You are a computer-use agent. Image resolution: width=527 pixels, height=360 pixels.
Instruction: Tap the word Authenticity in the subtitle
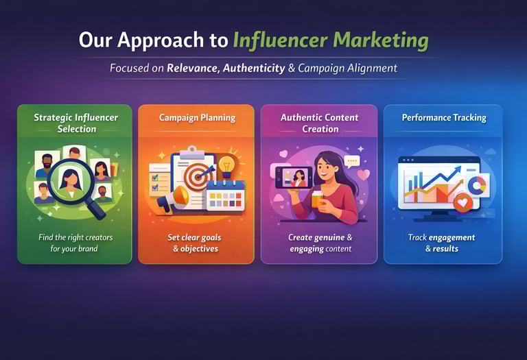(x=254, y=68)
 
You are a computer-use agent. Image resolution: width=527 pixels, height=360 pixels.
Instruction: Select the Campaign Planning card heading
(x=198, y=118)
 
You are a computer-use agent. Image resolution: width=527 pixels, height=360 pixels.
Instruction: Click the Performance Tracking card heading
(x=444, y=117)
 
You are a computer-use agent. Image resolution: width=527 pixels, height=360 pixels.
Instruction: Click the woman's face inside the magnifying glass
(x=70, y=178)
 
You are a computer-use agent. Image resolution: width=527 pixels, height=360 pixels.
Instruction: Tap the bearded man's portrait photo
(x=47, y=165)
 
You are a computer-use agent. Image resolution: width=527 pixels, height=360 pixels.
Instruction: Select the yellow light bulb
(x=227, y=167)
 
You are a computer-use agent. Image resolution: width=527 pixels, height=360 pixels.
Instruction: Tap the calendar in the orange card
(x=226, y=195)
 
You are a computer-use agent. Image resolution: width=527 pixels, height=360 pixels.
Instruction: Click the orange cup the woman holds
(x=318, y=199)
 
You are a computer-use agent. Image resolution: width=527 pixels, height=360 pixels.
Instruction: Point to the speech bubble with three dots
(x=352, y=162)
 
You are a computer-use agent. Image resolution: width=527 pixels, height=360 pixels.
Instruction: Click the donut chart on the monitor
(x=477, y=184)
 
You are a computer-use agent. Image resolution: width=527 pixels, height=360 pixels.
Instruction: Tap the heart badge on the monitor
(x=462, y=202)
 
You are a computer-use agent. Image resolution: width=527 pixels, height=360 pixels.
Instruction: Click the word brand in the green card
(x=88, y=249)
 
